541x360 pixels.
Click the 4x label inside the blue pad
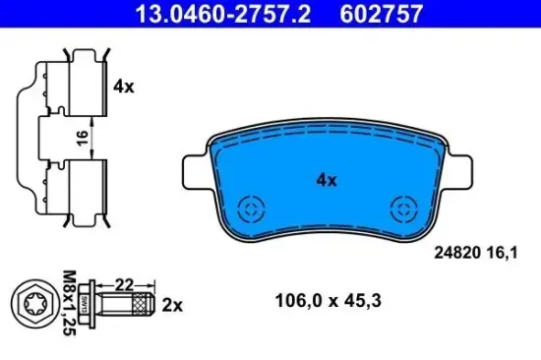coord(326,180)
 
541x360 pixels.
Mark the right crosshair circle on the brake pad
coord(403,209)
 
